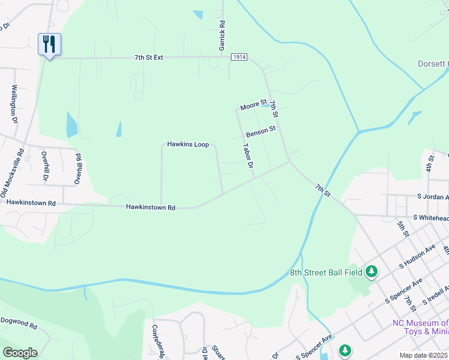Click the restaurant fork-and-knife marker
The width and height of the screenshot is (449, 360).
49,44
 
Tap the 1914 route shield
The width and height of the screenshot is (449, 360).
238,55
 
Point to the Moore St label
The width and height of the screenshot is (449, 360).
253,106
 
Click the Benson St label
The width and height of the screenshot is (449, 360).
261,131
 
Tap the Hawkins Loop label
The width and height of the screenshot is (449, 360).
188,145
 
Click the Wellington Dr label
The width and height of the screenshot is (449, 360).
14,103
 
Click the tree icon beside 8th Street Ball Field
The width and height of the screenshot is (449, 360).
372,272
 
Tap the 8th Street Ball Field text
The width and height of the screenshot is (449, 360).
327,272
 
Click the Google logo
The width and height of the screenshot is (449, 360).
20,353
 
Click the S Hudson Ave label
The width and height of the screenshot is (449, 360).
418,257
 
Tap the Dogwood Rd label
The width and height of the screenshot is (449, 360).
19,328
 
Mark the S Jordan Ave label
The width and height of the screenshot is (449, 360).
432,197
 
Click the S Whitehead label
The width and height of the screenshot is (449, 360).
430,218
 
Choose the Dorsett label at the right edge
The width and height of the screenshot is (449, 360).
433,64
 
